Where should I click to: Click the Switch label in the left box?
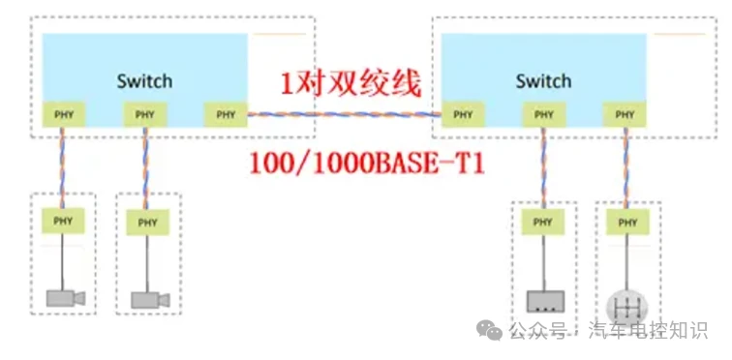click(x=144, y=80)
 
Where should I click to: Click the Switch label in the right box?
click(x=543, y=80)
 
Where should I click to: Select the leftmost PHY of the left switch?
click(x=63, y=115)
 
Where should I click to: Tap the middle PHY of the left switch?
click(x=145, y=115)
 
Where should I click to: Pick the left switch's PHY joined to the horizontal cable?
click(x=226, y=115)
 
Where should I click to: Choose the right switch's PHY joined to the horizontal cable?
click(x=463, y=115)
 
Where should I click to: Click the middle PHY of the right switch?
click(x=544, y=115)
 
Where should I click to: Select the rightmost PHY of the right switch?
click(x=625, y=115)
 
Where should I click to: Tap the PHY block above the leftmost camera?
click(x=63, y=222)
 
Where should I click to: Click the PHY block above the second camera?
click(x=146, y=222)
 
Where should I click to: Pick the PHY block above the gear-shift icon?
click(x=626, y=223)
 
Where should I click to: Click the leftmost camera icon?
click(x=65, y=297)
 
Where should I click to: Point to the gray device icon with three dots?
click(x=544, y=300)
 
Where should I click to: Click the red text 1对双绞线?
click(x=351, y=84)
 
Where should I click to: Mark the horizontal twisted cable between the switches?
click(x=345, y=115)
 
